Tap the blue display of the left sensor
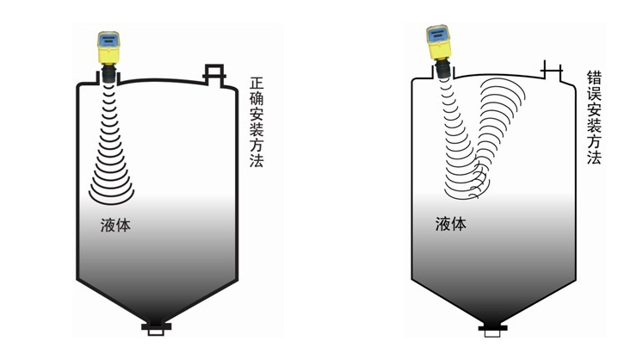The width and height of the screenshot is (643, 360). pyautogui.click(x=108, y=40)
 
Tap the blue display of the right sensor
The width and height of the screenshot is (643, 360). pyautogui.click(x=436, y=35)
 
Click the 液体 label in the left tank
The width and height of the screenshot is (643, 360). pyautogui.click(x=115, y=227)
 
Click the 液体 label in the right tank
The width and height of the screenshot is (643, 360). pyautogui.click(x=450, y=224)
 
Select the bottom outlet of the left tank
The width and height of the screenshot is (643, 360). pyautogui.click(x=156, y=326)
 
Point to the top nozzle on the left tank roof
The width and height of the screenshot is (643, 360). pyautogui.click(x=213, y=72)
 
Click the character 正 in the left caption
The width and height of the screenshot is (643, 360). pyautogui.click(x=257, y=84)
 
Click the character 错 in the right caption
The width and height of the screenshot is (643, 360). pyautogui.click(x=594, y=78)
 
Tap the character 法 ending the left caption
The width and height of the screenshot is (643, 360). pyautogui.click(x=257, y=161)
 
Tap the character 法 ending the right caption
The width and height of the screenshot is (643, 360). pyautogui.click(x=594, y=158)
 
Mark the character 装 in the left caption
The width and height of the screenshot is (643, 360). pyautogui.click(x=257, y=131)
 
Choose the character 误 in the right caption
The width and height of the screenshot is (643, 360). pyautogui.click(x=594, y=94)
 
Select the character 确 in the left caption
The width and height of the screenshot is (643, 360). pyautogui.click(x=257, y=100)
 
